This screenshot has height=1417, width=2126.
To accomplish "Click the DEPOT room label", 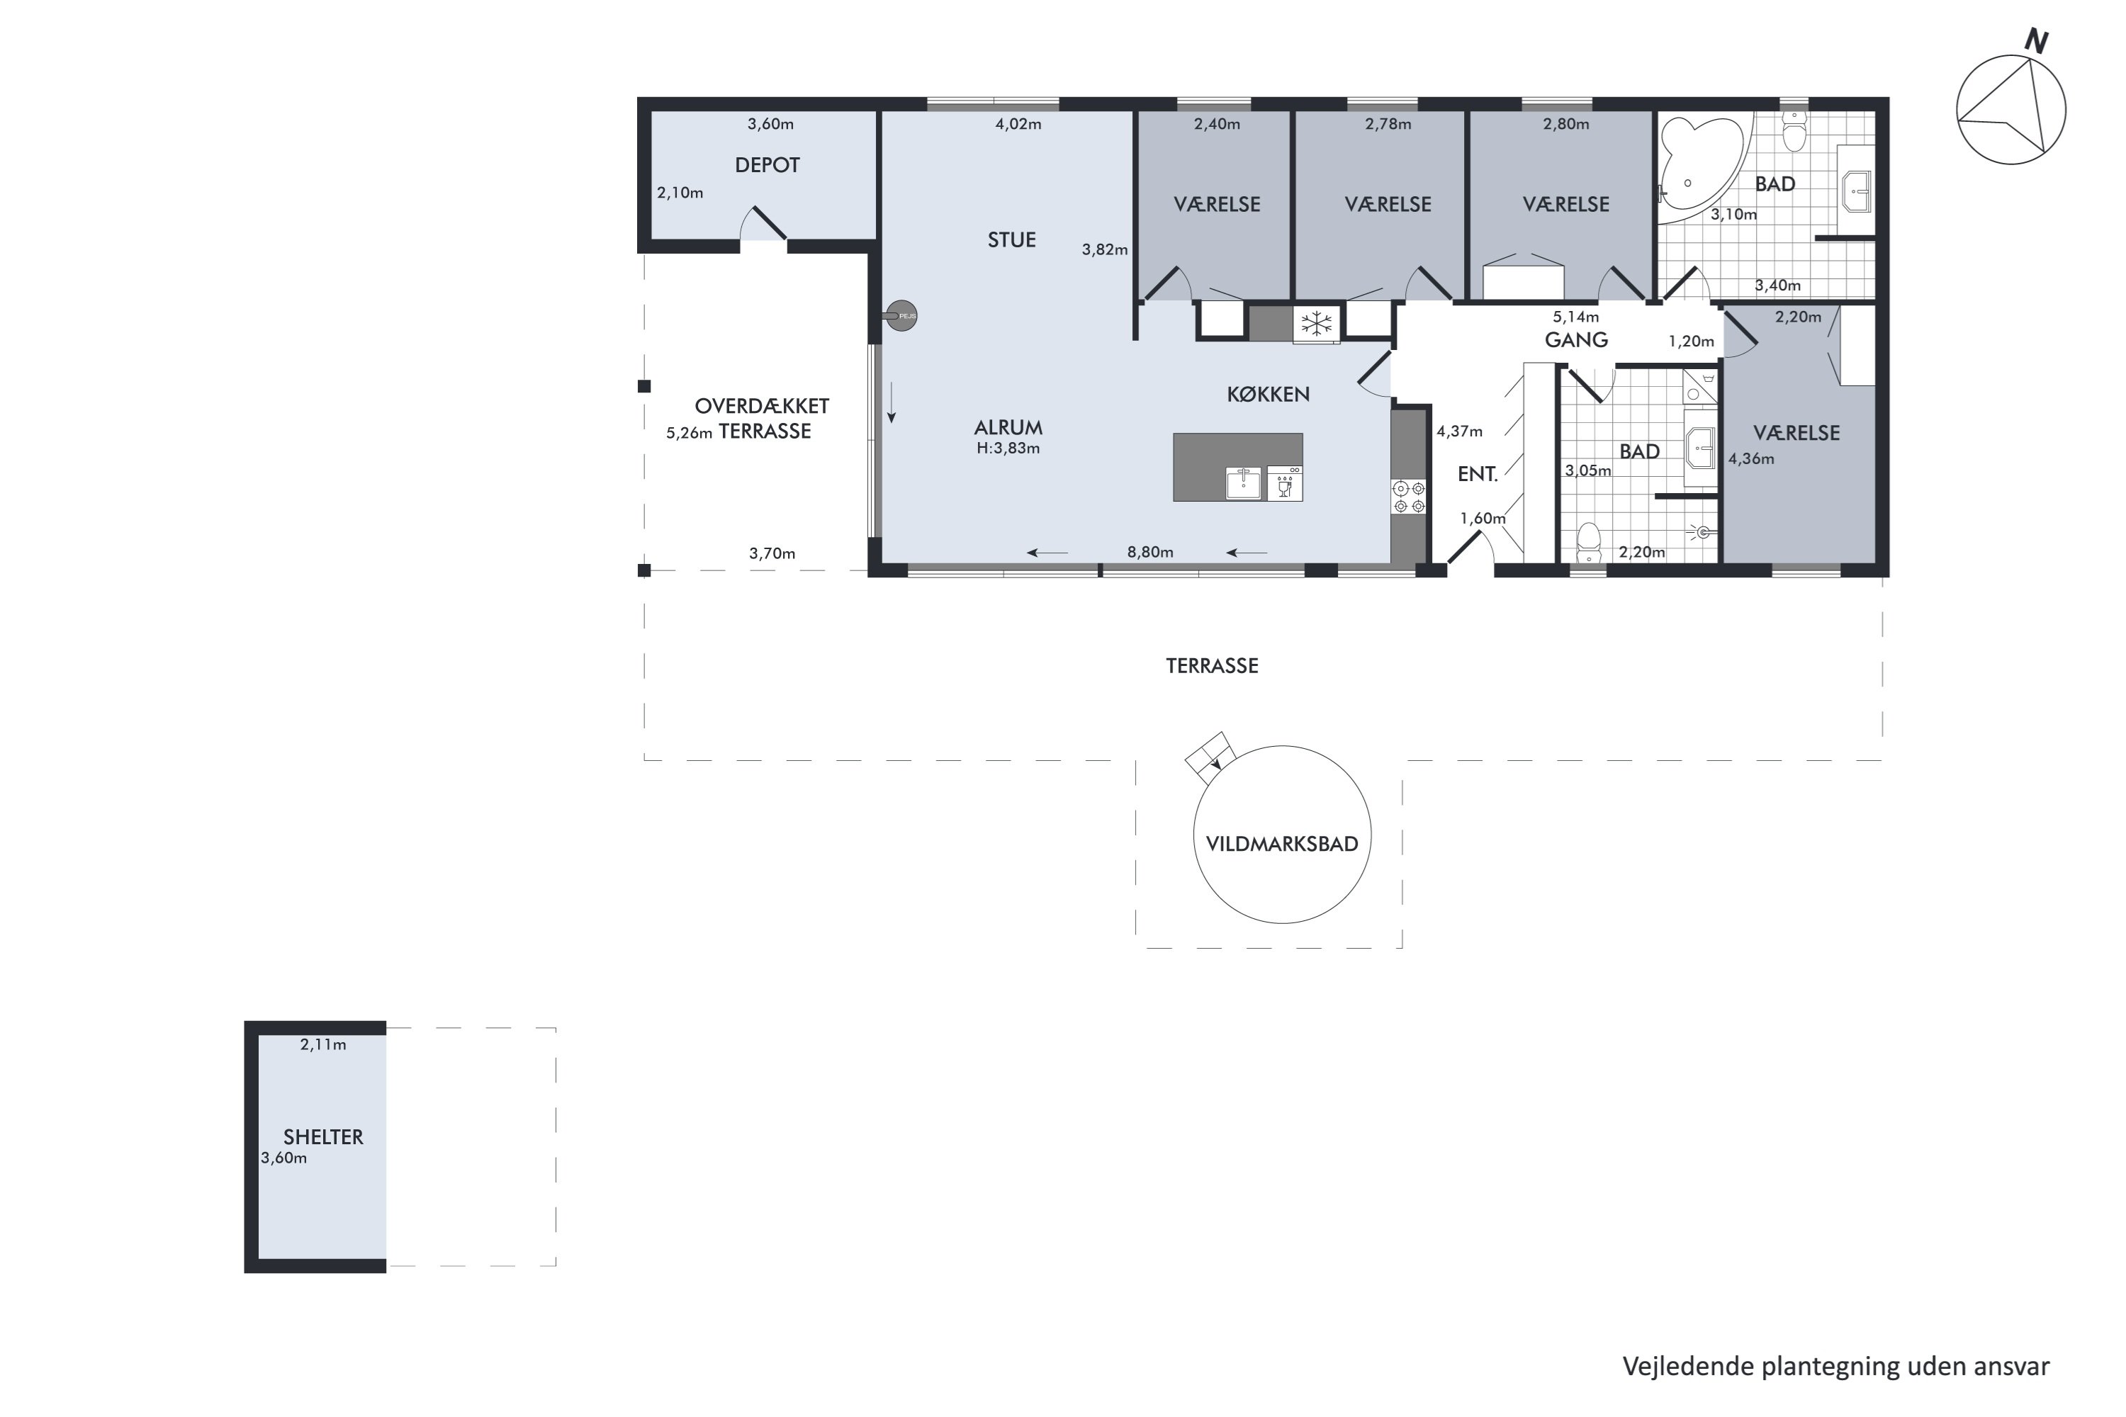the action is coord(767,165).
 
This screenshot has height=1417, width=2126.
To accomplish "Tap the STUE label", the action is coord(1011,240).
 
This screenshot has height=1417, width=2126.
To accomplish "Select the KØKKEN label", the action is coord(1269,394).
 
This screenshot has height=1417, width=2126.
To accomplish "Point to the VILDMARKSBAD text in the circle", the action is coord(1282,844).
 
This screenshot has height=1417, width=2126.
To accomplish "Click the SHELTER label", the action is coord(322,1137).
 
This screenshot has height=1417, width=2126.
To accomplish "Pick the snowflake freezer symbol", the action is coord(1316,324).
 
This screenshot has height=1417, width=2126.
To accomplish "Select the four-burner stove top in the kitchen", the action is coord(1408,497).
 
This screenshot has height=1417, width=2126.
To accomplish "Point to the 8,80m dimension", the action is coord(1149,552).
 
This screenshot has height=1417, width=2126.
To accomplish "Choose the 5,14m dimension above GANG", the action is coord(1575,317).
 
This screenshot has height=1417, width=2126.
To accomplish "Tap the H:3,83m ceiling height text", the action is coord(1008,448).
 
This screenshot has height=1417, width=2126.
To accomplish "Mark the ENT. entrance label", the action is coord(1478,475).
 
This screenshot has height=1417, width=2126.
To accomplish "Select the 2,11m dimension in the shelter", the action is coord(322,1044).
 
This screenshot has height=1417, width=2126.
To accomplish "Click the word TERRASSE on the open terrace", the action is coord(1211,666).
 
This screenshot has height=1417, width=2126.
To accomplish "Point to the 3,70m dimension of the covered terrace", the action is coord(772,553).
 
